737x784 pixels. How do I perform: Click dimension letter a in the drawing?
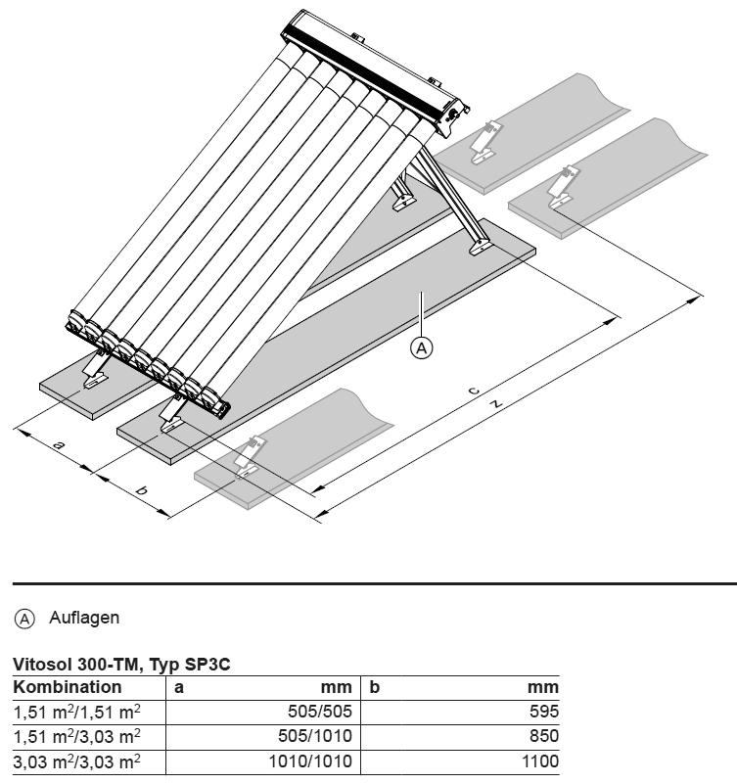coord(60,446)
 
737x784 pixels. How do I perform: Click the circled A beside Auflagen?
coord(23,618)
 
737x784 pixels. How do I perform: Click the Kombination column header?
coord(68,687)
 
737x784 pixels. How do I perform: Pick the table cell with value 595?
coord(544,712)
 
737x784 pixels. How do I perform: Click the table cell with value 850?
coord(544,736)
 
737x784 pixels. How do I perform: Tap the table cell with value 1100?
coord(540,761)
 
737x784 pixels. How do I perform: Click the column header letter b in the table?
coord(374,687)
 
